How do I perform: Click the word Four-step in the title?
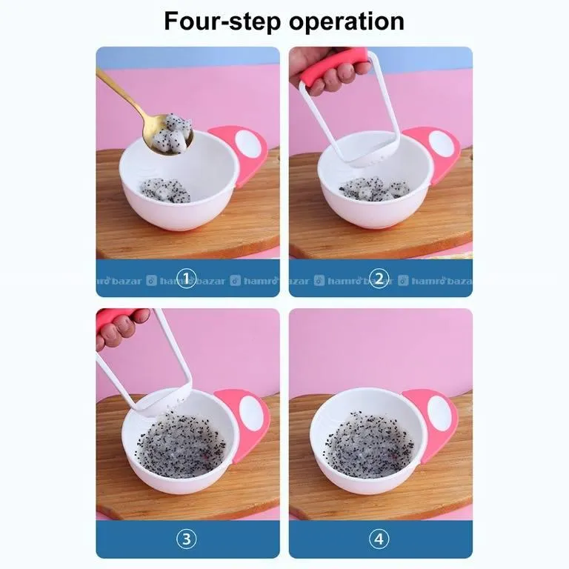pos(222,21)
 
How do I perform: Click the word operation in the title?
pos(347,21)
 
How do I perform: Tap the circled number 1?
pos(186,279)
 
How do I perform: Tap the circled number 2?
pos(379,279)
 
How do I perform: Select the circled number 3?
pos(186,539)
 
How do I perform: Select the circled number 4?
pos(379,539)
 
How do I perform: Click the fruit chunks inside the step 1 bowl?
pos(165,190)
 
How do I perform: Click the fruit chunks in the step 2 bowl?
pos(374,189)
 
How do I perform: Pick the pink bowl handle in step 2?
pos(436,153)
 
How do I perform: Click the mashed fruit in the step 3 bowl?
pos(182,444)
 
